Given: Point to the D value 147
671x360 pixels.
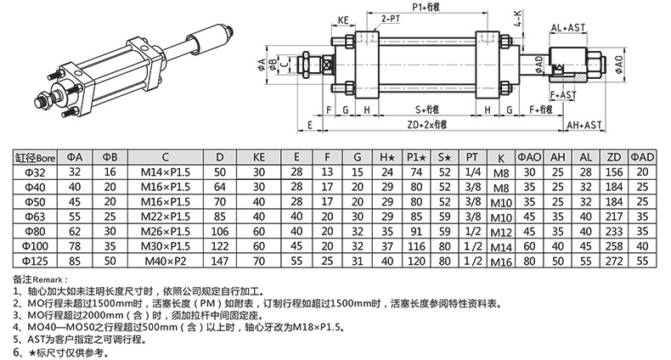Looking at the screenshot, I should (x=220, y=260).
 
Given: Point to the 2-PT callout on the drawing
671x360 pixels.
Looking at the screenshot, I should (x=392, y=18).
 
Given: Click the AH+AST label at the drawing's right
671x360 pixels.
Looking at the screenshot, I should (x=584, y=124).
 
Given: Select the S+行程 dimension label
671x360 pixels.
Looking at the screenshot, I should (x=430, y=110).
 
